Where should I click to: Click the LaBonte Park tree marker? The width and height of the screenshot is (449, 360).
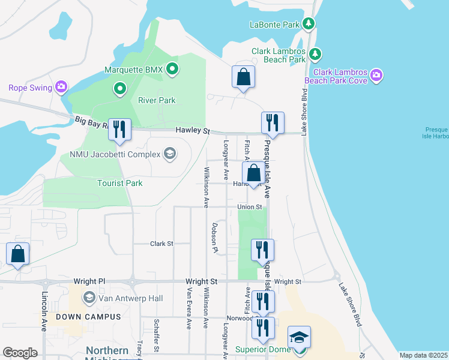(309, 24)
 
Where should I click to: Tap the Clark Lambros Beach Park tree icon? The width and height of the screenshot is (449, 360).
(315, 55)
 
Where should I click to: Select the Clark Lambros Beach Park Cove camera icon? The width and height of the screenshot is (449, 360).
(376, 74)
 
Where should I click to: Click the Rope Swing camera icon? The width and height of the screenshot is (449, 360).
(61, 88)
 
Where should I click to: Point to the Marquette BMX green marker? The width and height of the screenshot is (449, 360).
(172, 70)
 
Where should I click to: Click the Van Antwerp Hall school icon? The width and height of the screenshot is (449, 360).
(89, 298)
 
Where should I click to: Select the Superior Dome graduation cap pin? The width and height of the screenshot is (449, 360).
(299, 337)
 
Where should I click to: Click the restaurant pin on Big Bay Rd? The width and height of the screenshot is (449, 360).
(120, 129)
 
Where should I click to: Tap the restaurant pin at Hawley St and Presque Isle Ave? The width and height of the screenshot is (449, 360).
(273, 122)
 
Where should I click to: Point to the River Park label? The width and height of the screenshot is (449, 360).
(157, 100)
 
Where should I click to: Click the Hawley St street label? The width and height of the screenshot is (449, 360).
(192, 130)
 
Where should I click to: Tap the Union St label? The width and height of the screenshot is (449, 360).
(250, 207)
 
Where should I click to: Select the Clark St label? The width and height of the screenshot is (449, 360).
(161, 244)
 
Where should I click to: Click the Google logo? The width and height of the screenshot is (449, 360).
(20, 353)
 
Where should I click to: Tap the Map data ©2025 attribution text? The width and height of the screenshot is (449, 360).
(423, 355)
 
